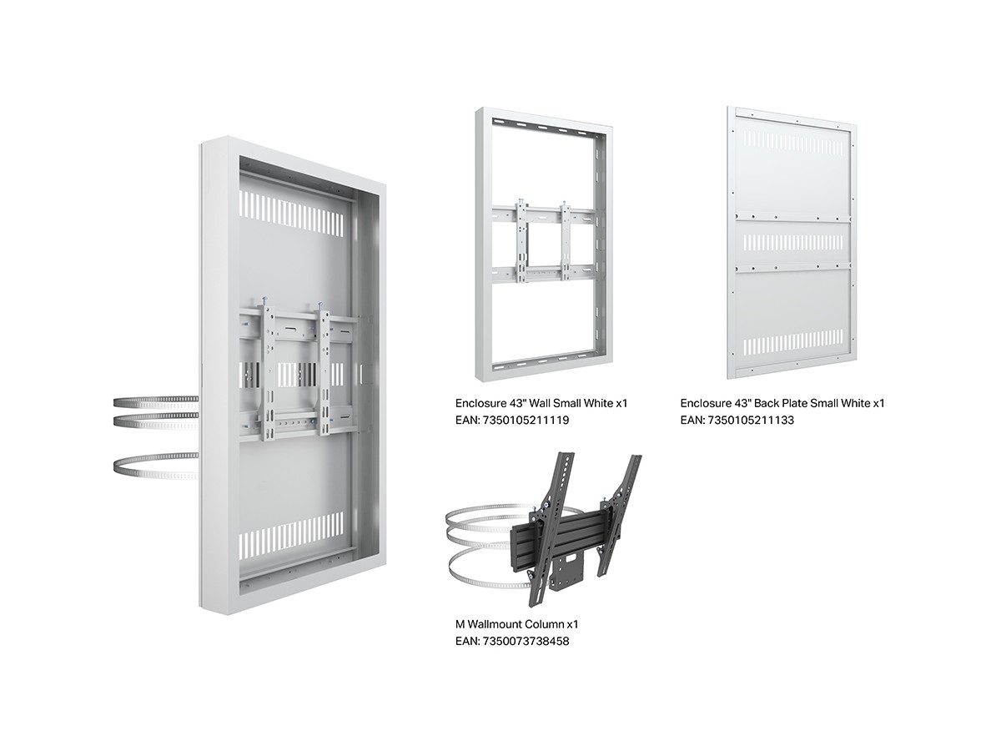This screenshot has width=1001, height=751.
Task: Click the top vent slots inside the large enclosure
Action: pyautogui.click(x=291, y=214)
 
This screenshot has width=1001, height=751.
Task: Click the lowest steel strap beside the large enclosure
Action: pyautogui.click(x=155, y=466)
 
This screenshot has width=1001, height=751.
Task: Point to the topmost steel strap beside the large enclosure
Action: pyautogui.click(x=155, y=401)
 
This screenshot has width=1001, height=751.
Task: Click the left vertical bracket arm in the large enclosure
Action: pyautogui.click(x=266, y=370)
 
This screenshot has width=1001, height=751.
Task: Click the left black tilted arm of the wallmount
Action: pyautogui.click(x=549, y=529)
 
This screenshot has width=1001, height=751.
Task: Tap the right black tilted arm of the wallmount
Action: pyautogui.click(x=621, y=511)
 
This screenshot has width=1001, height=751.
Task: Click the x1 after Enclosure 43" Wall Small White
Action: pyautogui.click(x=621, y=403)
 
